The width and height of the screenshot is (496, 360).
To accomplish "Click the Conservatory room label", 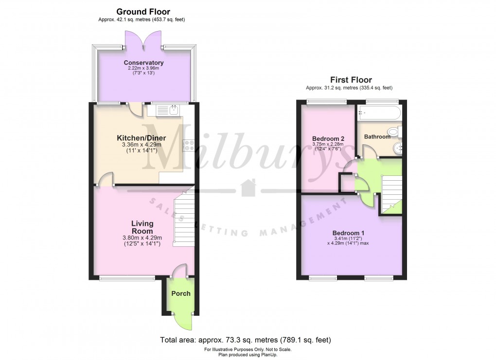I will coord(143,63).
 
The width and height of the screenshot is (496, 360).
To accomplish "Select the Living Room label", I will coord(142,227).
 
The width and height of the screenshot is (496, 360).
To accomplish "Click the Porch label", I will coord(180,293).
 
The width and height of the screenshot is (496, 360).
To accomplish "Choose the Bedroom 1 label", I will coord(348,233).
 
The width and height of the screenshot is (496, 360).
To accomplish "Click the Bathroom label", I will coord(377,137).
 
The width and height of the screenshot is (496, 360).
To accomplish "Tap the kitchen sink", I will coord(174,110).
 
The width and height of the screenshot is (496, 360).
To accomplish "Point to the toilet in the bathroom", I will coord(394,131).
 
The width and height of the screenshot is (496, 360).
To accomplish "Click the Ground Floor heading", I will coord(143,12).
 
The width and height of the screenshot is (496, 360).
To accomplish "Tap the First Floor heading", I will coord(351,80).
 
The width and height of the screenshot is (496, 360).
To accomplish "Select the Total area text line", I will coord(246,340).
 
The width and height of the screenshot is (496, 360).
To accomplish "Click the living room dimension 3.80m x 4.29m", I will coord(142,238).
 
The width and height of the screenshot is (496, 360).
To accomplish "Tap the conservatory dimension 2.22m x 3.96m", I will coord(143,69).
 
